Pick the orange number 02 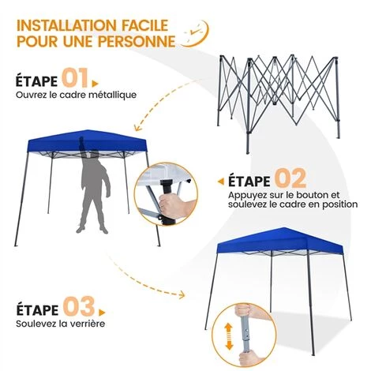click(x=289, y=178)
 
